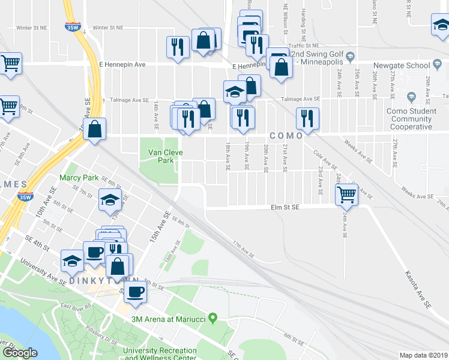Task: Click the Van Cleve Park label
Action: point(161,157)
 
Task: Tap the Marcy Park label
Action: point(79,178)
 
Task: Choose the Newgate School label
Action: point(401,65)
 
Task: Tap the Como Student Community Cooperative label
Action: point(411,119)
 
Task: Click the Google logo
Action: point(19,352)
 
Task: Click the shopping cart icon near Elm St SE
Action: point(347,193)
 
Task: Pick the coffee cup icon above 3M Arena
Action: point(136,291)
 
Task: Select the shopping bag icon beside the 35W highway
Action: point(95,128)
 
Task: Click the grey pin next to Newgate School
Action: point(436,65)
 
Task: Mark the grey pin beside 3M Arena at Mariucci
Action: point(212,319)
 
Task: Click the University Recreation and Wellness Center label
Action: point(160,354)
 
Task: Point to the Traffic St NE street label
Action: point(303,46)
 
